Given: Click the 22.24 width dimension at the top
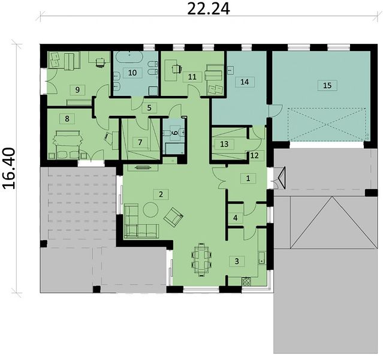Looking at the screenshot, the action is coord(209,9).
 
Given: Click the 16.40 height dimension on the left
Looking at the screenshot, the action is coord(10,168).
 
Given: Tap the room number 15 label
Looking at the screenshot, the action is coord(327,85).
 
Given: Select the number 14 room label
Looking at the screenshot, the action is coord(245,82).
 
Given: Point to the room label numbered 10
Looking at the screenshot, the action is coord(132,73).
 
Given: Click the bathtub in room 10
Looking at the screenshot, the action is coord(128,58).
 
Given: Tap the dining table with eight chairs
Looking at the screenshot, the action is coord(201,259).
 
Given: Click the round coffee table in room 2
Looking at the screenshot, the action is coord(150,210).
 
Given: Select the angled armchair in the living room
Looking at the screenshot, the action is coord(173,217).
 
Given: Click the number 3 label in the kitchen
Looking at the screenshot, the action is coord(237,261).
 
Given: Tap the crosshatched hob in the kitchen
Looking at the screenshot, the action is coord(246,281).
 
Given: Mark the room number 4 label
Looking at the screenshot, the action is coord(236,218).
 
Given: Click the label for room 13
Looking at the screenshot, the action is coord(224,144).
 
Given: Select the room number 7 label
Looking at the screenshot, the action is coord(140,142).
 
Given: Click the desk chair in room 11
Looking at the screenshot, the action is coord(176,69).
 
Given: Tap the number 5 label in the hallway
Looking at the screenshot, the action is coord(149,107).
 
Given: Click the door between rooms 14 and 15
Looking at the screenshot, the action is coord(276,111).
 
